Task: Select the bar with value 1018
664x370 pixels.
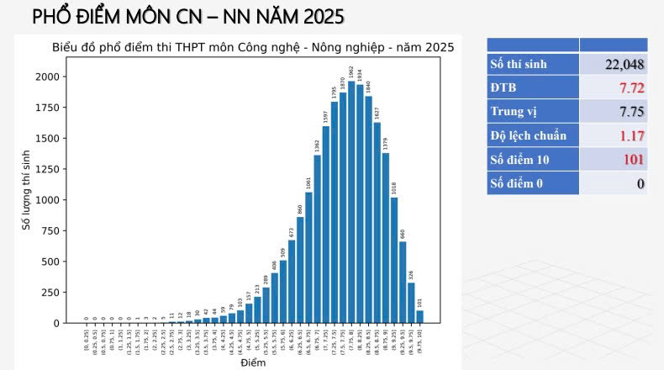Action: (x=394, y=260)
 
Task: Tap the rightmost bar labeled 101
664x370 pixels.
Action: (x=419, y=317)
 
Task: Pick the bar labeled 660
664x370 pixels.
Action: (x=403, y=282)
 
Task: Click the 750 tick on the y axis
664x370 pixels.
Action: (x=50, y=230)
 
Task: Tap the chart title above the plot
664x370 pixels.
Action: (x=252, y=47)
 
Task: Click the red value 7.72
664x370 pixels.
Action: (x=631, y=88)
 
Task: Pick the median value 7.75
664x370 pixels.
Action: (x=631, y=112)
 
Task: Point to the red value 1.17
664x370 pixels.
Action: (x=631, y=135)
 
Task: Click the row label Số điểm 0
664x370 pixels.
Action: (x=519, y=182)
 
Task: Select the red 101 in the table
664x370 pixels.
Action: (x=634, y=159)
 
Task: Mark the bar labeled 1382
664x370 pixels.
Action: (x=317, y=239)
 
